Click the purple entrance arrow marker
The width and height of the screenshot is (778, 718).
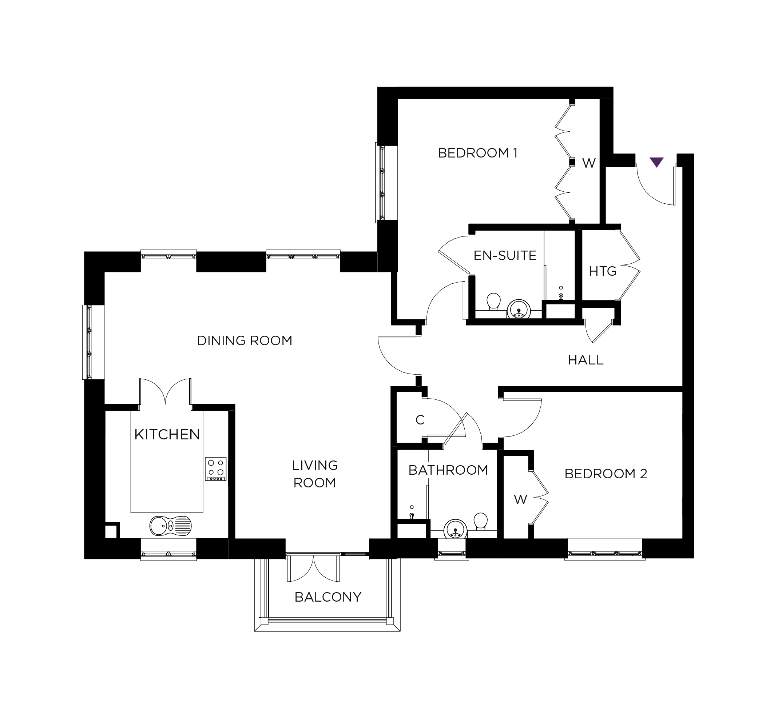point(656,161)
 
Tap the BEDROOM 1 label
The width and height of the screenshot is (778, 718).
point(477,153)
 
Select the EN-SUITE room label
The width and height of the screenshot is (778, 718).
point(505,256)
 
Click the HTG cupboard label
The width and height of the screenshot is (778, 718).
point(603,271)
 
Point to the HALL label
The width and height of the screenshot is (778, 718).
point(586,360)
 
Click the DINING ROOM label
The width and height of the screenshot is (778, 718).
point(245,341)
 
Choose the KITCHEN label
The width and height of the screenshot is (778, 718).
point(167,434)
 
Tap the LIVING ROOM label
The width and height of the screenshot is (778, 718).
point(315,474)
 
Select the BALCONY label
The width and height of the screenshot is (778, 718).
point(328,597)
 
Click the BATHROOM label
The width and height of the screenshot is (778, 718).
point(448,470)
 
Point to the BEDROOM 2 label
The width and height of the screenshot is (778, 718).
point(606,474)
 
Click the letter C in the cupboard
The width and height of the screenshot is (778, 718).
point(420,420)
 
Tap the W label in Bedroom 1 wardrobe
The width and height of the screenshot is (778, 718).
point(589,163)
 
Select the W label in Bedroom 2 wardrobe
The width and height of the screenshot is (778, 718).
point(520,500)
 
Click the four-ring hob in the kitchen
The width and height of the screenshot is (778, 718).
point(216,469)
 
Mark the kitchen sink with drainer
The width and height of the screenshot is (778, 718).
point(171,526)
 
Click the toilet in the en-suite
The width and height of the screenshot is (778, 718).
point(493,302)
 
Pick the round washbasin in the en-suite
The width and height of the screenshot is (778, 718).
point(519,309)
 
